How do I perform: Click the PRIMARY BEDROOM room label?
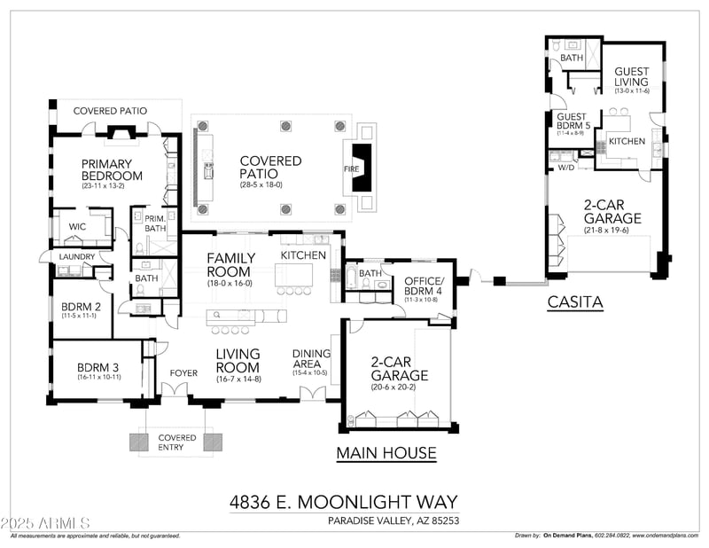coord(106,169)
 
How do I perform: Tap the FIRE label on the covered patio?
coord(351,168)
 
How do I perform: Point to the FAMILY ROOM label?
coord(230,264)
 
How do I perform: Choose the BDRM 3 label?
coord(97,367)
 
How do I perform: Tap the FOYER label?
coord(183,372)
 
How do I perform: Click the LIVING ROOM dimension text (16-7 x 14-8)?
coord(238,379)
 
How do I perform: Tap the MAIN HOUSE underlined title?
coord(386,453)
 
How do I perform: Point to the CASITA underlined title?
coord(575,302)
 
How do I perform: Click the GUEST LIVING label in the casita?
coord(631,77)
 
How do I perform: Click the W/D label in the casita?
coord(565,167)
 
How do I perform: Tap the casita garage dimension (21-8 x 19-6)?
coord(607,230)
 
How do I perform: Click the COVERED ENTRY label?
coord(177,442)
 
